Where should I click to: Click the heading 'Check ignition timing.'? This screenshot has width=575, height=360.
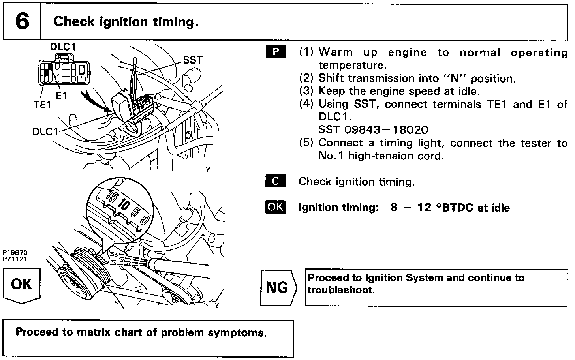click(x=126, y=22)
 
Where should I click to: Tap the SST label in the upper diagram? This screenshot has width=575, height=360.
click(x=193, y=60)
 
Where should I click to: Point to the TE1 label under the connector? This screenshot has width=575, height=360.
click(x=42, y=105)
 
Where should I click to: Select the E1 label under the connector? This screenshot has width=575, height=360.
click(x=62, y=96)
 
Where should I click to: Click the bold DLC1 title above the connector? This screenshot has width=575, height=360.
click(x=63, y=47)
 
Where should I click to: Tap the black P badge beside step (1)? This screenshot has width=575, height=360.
click(x=276, y=52)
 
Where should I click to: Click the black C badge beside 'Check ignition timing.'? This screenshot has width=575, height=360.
click(x=276, y=181)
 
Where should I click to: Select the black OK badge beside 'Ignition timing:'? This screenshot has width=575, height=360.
click(x=275, y=207)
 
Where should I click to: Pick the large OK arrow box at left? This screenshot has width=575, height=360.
click(x=22, y=285)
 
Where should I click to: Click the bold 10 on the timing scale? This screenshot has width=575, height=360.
click(x=124, y=205)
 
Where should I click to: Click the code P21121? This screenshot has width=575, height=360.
click(x=15, y=259)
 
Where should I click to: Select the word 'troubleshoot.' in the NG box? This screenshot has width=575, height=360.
click(x=341, y=290)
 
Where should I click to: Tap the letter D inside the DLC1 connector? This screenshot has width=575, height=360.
click(x=82, y=70)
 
